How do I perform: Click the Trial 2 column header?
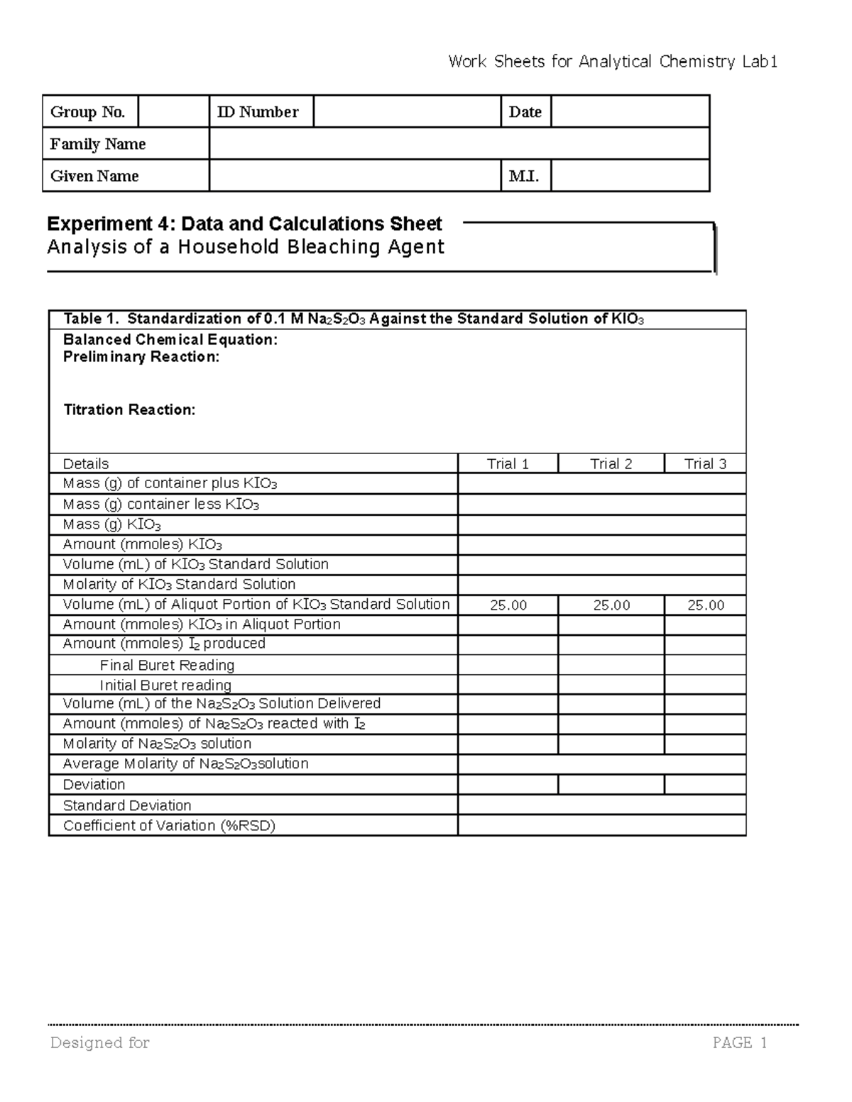pyautogui.click(x=611, y=464)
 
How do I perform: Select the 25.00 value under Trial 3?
pyautogui.click(x=705, y=605)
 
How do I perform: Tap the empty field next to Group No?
pyautogui.click(x=173, y=112)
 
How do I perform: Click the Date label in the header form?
pyautogui.click(x=525, y=112)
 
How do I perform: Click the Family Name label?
pyautogui.click(x=97, y=144)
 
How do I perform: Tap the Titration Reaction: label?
pyautogui.click(x=129, y=409)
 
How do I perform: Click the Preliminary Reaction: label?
pyautogui.click(x=141, y=357)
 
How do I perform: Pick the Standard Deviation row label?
pyautogui.click(x=127, y=805)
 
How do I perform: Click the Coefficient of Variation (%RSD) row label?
pyautogui.click(x=169, y=825)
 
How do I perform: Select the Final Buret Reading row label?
pyautogui.click(x=167, y=665)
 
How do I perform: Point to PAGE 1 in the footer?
pyautogui.click(x=740, y=1042)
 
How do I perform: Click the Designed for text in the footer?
pyautogui.click(x=99, y=1042)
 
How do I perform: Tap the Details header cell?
pyautogui.click(x=86, y=464)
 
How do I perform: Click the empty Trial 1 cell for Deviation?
pyautogui.click(x=508, y=785)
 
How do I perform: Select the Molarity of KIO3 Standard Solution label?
pyautogui.click(x=179, y=584)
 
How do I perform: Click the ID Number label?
pyautogui.click(x=257, y=112)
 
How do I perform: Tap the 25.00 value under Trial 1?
pyautogui.click(x=508, y=605)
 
